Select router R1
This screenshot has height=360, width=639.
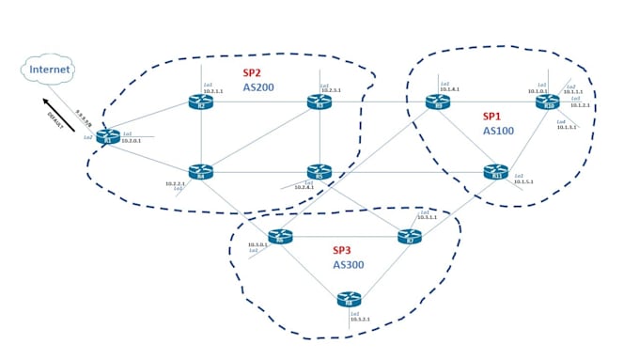pos(108,137)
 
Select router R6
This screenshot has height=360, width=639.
pos(280,237)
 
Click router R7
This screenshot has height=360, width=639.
pos(410,237)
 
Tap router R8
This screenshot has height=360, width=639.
pos(350,300)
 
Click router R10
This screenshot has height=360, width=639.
pos(547,102)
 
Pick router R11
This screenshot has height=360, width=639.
pos(496,172)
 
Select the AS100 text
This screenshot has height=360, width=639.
pos(498,132)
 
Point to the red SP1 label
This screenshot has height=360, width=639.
pos(491,117)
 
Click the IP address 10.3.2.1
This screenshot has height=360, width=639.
pos(359,320)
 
